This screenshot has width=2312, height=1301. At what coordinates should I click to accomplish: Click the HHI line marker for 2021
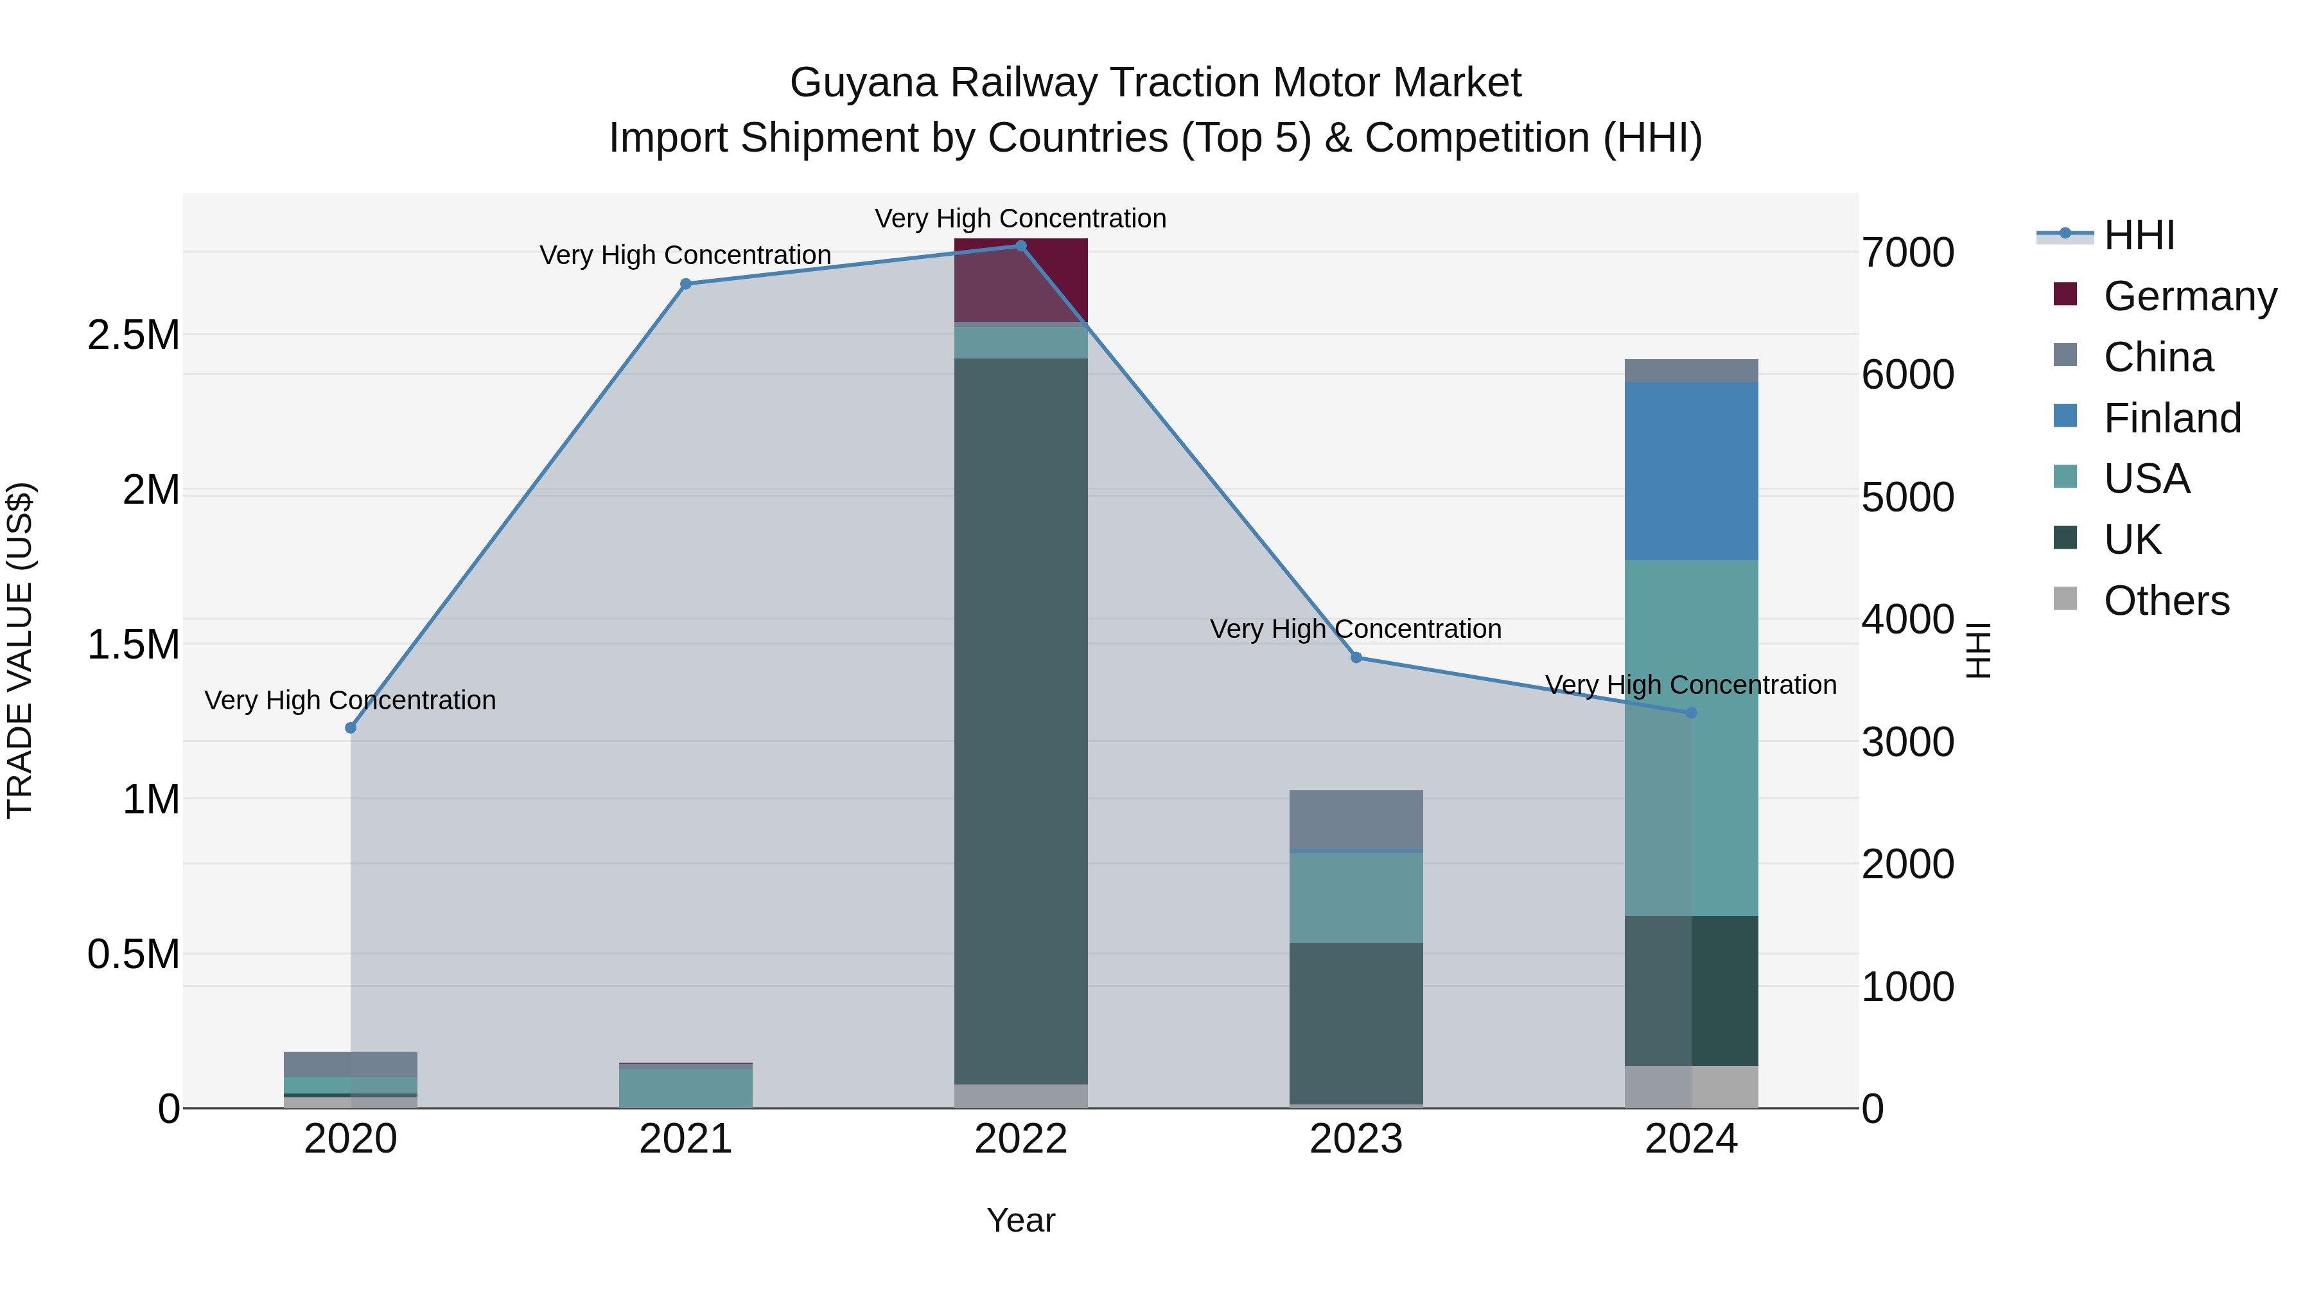tap(686, 284)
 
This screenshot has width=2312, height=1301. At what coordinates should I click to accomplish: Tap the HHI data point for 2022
tap(1020, 245)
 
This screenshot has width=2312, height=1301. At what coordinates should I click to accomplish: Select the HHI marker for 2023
tap(1356, 657)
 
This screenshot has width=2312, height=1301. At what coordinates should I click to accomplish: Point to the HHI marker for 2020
tap(351, 727)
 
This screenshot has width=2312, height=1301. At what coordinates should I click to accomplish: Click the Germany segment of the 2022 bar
tap(1020, 280)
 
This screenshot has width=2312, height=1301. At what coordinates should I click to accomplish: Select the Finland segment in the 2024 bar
tap(1691, 472)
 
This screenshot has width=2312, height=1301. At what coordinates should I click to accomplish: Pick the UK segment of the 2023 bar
tap(1356, 1023)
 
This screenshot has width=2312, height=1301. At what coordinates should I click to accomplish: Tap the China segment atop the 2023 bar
tap(1356, 819)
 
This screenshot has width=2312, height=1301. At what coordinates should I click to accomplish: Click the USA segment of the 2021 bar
tap(686, 1087)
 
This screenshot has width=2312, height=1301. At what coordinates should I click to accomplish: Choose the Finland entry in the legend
tap(2171, 418)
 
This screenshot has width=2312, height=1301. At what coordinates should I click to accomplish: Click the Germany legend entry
tap(2189, 296)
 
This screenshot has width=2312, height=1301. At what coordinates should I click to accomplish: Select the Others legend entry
tap(2166, 601)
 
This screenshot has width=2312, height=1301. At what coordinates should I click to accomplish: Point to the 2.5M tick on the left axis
tap(134, 335)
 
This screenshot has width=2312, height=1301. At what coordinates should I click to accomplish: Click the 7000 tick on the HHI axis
tap(1907, 252)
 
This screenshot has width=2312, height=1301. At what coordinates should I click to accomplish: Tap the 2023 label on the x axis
tap(1356, 1139)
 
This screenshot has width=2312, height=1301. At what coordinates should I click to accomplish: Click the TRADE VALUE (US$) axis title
tap(20, 650)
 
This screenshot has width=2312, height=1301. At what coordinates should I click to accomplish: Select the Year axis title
tap(1020, 1220)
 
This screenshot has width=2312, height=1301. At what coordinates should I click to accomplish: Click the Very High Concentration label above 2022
tap(1020, 218)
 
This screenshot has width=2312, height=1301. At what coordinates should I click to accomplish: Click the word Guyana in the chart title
tap(864, 83)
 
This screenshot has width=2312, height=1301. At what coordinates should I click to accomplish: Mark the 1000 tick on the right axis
tap(1907, 987)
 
